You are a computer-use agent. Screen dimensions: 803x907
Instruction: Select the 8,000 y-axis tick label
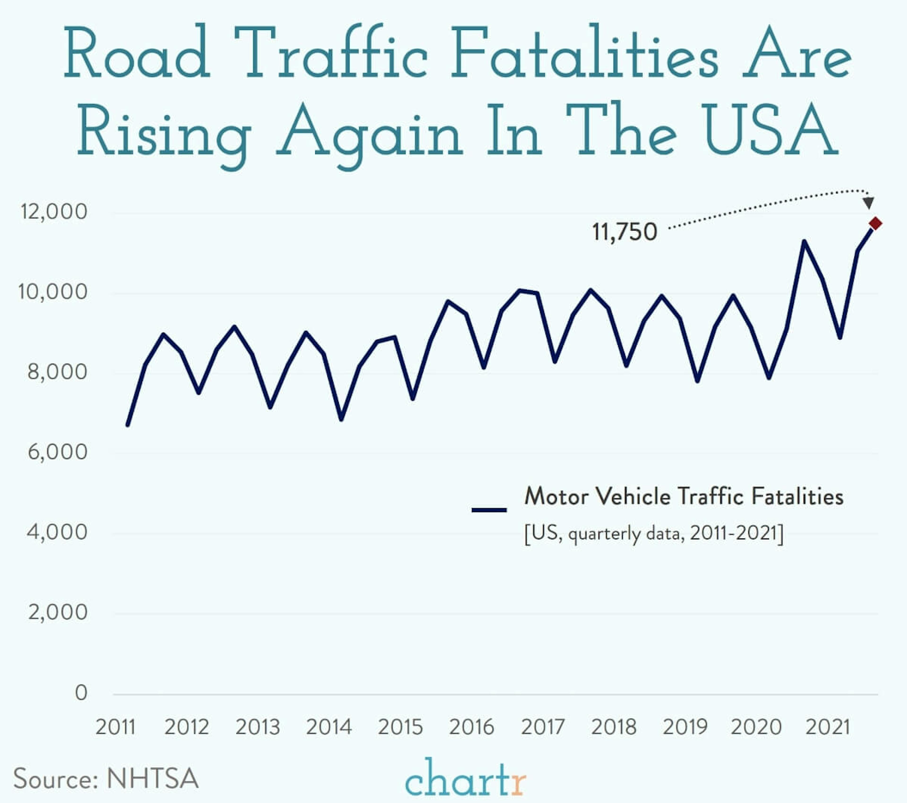[57, 372]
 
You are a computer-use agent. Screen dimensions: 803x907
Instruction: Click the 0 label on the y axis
[81, 693]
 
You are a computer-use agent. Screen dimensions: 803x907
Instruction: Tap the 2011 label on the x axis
[115, 727]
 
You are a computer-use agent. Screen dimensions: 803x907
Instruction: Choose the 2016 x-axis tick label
[471, 727]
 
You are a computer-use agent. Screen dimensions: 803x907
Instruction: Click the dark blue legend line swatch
[489, 510]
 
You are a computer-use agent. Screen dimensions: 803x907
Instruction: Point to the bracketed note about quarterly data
[654, 533]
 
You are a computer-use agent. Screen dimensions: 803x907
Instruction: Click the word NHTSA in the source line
[152, 778]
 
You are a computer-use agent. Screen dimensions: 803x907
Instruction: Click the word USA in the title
[771, 130]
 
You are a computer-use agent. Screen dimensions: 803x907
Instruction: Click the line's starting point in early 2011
[128, 425]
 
